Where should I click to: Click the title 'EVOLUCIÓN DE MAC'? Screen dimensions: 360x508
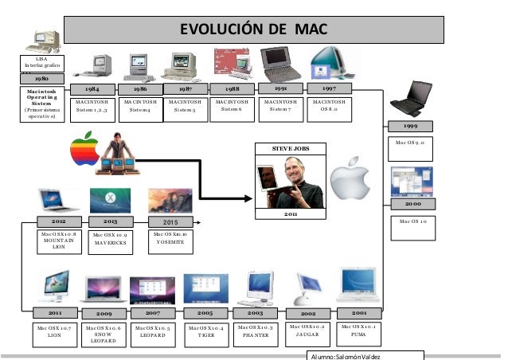tap(253, 30)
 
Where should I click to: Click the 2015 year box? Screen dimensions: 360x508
tap(170, 221)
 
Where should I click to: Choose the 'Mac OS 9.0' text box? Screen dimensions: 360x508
tap(411, 144)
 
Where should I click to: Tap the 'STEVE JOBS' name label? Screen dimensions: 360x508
tap(287, 148)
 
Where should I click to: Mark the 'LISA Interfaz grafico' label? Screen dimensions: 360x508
tap(41, 62)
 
